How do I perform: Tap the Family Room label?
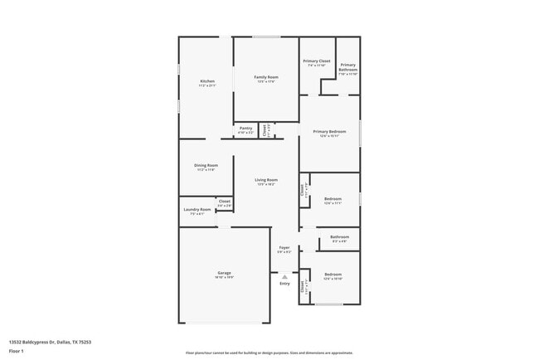click(x=266, y=77)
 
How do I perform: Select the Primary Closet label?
click(x=316, y=61)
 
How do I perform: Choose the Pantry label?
click(x=246, y=129)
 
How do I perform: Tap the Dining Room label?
click(x=206, y=165)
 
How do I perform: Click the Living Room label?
click(x=266, y=180)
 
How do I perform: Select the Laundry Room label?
click(x=197, y=210)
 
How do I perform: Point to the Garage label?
click(x=224, y=272)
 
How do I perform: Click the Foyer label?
click(x=284, y=247)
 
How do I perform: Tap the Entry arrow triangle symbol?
click(x=284, y=276)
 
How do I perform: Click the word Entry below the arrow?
click(x=284, y=284)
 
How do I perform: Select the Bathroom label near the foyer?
click(x=339, y=237)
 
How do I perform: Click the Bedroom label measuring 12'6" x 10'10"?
click(x=333, y=275)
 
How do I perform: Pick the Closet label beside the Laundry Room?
click(x=225, y=202)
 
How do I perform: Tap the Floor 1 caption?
click(x=17, y=351)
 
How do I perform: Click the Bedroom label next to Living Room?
click(x=333, y=200)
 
